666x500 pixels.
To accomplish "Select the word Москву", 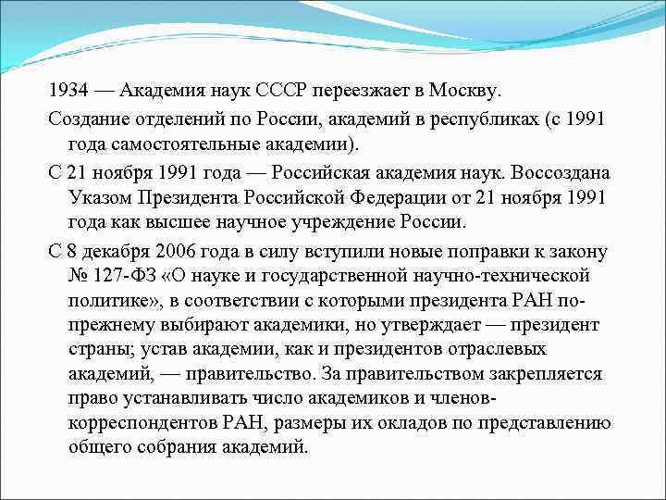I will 464,93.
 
